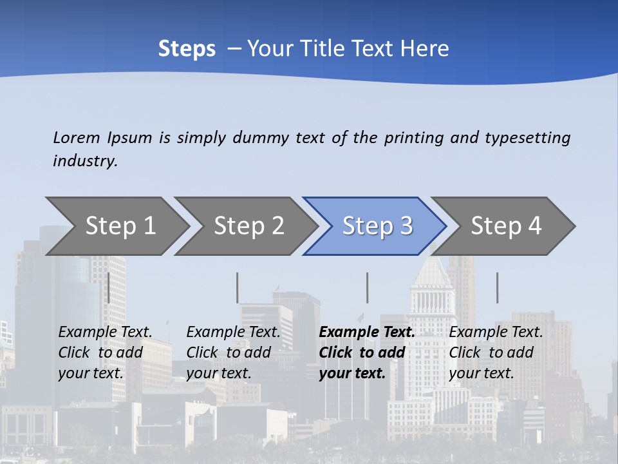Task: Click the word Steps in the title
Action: click(x=187, y=49)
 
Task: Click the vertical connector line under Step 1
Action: click(x=109, y=287)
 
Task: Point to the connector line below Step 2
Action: click(x=238, y=287)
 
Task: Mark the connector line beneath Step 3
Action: click(x=368, y=287)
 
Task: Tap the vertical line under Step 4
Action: click(x=497, y=287)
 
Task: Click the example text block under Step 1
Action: click(x=105, y=353)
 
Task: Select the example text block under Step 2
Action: click(x=233, y=353)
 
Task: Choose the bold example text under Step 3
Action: click(x=367, y=353)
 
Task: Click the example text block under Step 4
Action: click(x=496, y=353)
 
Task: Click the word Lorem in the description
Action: click(x=76, y=137)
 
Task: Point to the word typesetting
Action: click(x=527, y=137)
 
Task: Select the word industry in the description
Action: click(x=84, y=161)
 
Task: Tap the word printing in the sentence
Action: click(x=414, y=137)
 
